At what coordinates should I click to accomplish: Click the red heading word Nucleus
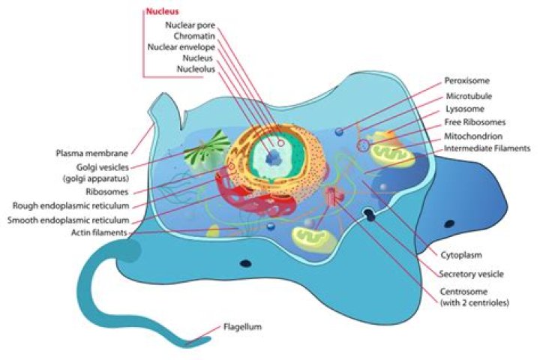point(163,12)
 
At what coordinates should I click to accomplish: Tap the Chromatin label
point(195,35)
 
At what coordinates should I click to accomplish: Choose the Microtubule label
point(468,97)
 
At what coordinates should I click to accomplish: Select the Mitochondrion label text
point(474,136)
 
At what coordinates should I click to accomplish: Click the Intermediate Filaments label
point(487,148)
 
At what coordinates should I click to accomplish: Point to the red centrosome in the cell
point(332,199)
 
